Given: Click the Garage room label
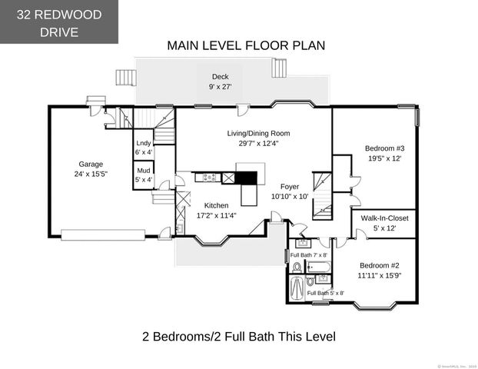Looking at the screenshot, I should pos(91,164).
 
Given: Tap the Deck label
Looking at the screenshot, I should pos(221,77).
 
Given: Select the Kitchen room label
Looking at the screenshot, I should pos(216,205).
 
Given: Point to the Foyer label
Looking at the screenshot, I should pos(289,186).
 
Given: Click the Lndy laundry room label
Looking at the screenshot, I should pos(144,143).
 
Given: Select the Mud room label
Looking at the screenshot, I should pos(144,170).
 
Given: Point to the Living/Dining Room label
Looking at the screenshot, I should pos(258,133).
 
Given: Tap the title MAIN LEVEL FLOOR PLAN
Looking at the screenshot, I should pos(246,45).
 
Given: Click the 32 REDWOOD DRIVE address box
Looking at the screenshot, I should pos(59,22).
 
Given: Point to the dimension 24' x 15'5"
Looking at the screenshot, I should pos(91,174).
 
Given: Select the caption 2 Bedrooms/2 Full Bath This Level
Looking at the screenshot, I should pos(239,337).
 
